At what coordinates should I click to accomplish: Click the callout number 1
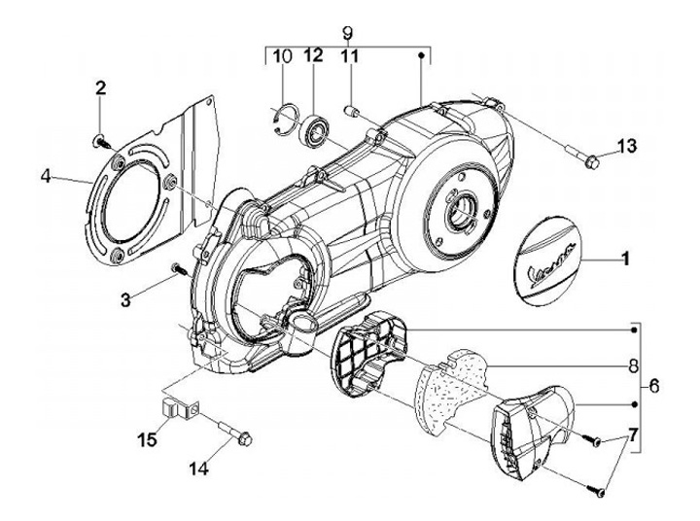(625, 260)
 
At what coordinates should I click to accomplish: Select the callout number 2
(99, 90)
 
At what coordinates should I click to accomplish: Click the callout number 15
(147, 440)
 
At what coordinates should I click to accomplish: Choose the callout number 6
(653, 387)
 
